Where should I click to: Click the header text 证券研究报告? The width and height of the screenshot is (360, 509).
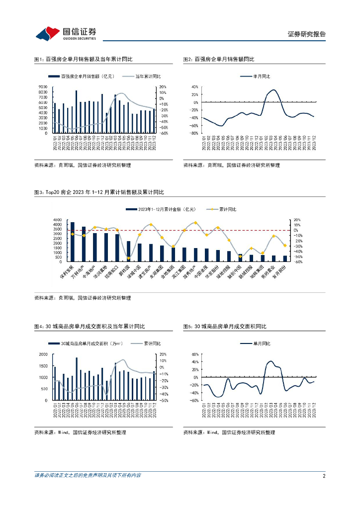tap(307, 34)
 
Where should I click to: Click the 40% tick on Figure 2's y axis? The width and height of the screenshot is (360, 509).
tap(195, 87)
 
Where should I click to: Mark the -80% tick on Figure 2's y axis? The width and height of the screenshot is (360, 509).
tap(194, 133)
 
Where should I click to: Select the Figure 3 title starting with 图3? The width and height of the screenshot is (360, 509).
tap(99, 192)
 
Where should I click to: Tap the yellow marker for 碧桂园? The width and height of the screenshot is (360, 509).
tap(128, 258)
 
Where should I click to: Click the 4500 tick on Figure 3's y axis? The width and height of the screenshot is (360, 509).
tap(56, 220)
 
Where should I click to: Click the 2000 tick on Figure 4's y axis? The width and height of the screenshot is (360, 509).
tap(43, 354)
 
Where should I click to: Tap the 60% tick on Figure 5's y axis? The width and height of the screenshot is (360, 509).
tap(195, 354)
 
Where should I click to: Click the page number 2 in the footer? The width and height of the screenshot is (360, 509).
tap(324, 476)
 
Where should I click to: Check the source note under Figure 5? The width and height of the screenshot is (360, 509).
tap(229, 432)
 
